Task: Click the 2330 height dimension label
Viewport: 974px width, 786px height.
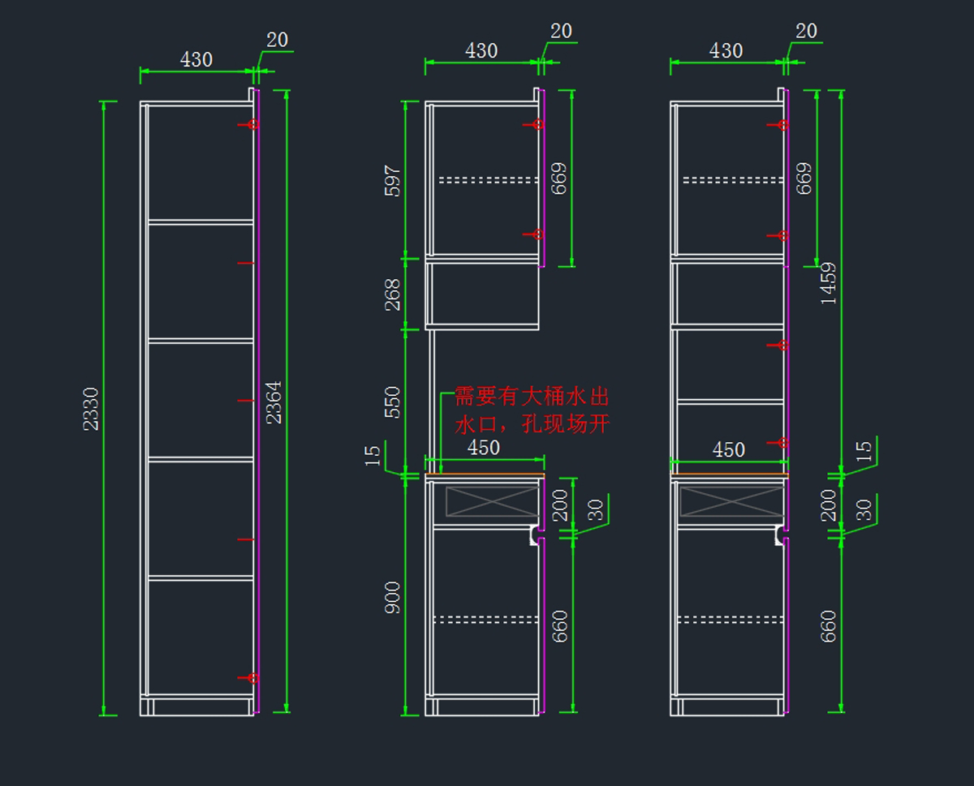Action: (90, 409)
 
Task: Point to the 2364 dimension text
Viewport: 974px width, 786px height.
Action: (274, 402)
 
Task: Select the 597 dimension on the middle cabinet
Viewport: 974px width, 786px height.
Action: (393, 181)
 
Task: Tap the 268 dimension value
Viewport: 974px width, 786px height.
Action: (393, 294)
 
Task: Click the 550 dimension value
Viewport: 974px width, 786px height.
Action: (393, 402)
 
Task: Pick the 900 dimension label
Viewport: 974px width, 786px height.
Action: (393, 597)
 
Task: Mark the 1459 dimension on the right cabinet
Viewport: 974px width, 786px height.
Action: (828, 283)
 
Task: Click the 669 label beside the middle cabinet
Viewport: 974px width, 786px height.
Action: (558, 178)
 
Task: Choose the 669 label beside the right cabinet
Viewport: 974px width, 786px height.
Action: (804, 178)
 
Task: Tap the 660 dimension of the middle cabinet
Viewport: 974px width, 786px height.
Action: (560, 626)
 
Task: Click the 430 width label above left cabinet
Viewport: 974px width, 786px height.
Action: (196, 59)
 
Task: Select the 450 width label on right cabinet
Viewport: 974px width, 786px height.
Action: (728, 449)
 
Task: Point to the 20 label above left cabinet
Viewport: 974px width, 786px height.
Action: (278, 40)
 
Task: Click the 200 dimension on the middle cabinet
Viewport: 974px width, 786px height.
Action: (560, 505)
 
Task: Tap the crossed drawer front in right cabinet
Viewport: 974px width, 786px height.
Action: (730, 500)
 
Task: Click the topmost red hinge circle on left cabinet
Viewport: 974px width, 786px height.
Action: (253, 125)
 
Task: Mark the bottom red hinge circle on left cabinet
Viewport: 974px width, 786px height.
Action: (253, 678)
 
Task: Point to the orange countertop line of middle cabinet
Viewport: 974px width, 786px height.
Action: (485, 475)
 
